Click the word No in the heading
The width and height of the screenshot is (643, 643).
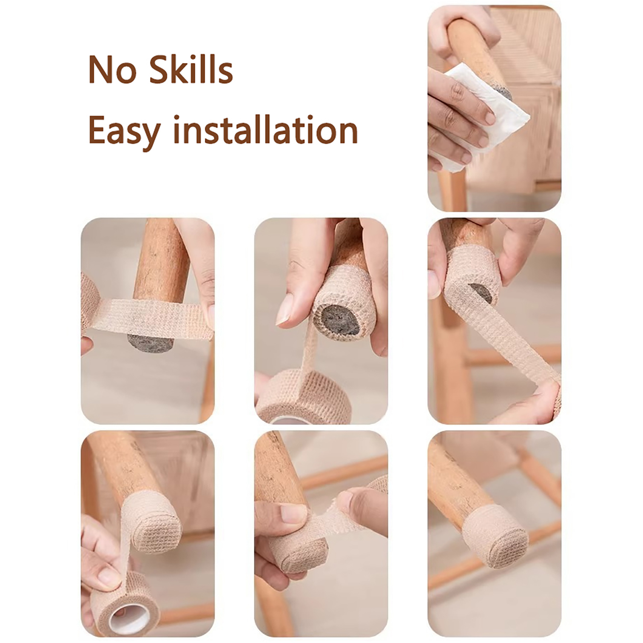112,70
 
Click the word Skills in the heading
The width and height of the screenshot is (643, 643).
191,69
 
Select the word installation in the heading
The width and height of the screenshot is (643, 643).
265,129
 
